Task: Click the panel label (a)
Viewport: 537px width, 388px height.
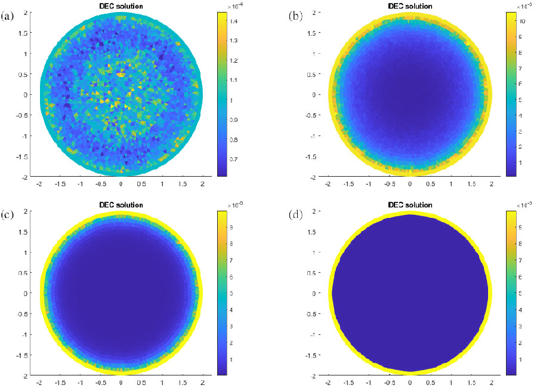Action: pyautogui.click(x=8, y=16)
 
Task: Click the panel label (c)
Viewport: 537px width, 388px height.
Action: pyautogui.click(x=8, y=214)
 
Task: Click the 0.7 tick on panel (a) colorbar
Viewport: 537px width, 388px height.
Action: pyautogui.click(x=229, y=159)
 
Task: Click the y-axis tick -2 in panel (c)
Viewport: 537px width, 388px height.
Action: pyautogui.click(x=24, y=375)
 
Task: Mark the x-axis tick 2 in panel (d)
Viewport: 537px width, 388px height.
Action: pyautogui.click(x=492, y=383)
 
